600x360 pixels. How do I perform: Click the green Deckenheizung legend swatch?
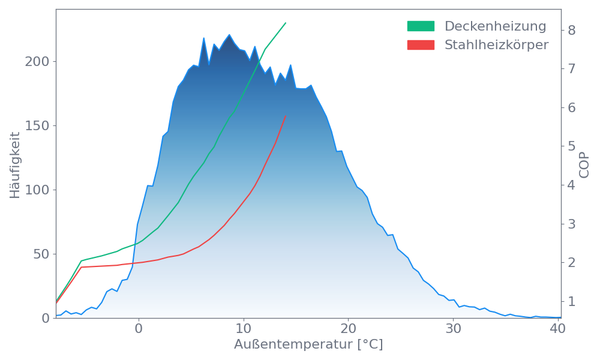click(x=421, y=26)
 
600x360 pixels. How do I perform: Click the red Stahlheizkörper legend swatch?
click(x=421, y=45)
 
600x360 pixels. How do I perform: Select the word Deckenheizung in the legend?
click(x=495, y=26)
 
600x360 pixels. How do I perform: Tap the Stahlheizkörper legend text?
click(x=496, y=45)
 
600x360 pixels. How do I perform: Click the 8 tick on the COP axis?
click(x=572, y=30)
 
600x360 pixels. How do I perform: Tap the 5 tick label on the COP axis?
click(x=572, y=146)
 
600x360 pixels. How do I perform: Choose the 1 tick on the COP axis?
click(x=572, y=301)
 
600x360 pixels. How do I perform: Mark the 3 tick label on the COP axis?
click(x=572, y=224)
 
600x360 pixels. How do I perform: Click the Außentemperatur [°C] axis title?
click(x=308, y=345)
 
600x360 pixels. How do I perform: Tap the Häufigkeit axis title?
click(x=16, y=165)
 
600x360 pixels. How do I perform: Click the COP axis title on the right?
click(x=585, y=163)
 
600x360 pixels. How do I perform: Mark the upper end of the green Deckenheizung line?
click(x=286, y=23)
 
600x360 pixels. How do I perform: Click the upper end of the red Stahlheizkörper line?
click(x=286, y=116)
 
